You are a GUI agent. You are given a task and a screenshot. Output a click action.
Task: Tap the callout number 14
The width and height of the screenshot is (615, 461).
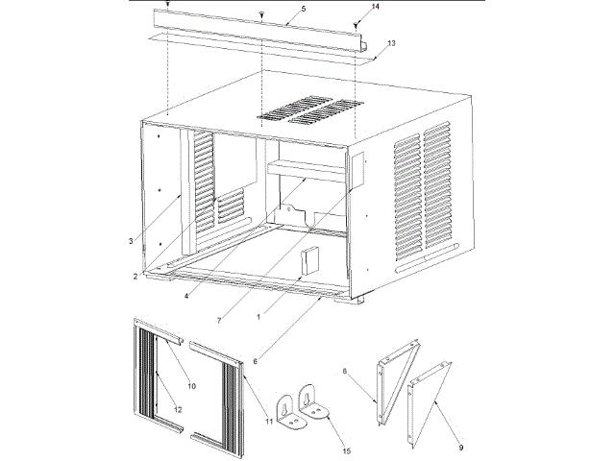(x=375, y=7)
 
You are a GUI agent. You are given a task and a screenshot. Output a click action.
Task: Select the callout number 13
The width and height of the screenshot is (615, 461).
(x=392, y=44)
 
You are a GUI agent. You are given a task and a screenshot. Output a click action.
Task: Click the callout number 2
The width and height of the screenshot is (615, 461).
(x=136, y=277)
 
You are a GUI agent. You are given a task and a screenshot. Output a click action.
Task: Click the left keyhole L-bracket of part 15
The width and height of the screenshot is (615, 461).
(x=287, y=407)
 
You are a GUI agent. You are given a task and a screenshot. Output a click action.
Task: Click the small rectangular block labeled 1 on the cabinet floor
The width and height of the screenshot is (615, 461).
(x=309, y=260)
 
